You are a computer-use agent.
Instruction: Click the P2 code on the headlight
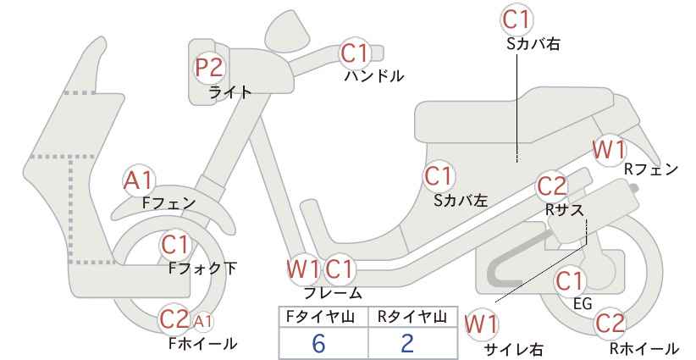(x=210, y=68)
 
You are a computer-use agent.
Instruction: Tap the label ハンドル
(x=374, y=76)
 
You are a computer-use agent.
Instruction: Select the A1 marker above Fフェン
(x=139, y=181)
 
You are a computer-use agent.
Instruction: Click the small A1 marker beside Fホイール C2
(x=203, y=321)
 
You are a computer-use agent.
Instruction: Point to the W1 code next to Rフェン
(x=609, y=151)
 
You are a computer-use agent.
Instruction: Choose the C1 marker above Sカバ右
(x=516, y=19)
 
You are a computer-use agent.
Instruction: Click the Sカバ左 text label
(x=461, y=201)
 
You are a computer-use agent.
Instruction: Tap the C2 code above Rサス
(x=552, y=186)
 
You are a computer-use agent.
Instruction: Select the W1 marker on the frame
(x=304, y=269)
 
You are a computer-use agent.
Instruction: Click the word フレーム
(x=333, y=292)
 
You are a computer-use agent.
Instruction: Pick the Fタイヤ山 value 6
(x=318, y=343)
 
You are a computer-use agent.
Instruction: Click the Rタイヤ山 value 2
(x=407, y=343)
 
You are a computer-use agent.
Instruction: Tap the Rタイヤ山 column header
(x=412, y=317)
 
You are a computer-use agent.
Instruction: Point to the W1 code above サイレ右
(x=481, y=325)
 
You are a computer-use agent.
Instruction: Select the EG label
(x=583, y=303)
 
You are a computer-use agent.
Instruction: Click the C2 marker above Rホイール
(x=610, y=323)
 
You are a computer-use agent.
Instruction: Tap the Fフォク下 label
(x=203, y=269)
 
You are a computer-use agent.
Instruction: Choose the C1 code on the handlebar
(x=355, y=53)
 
